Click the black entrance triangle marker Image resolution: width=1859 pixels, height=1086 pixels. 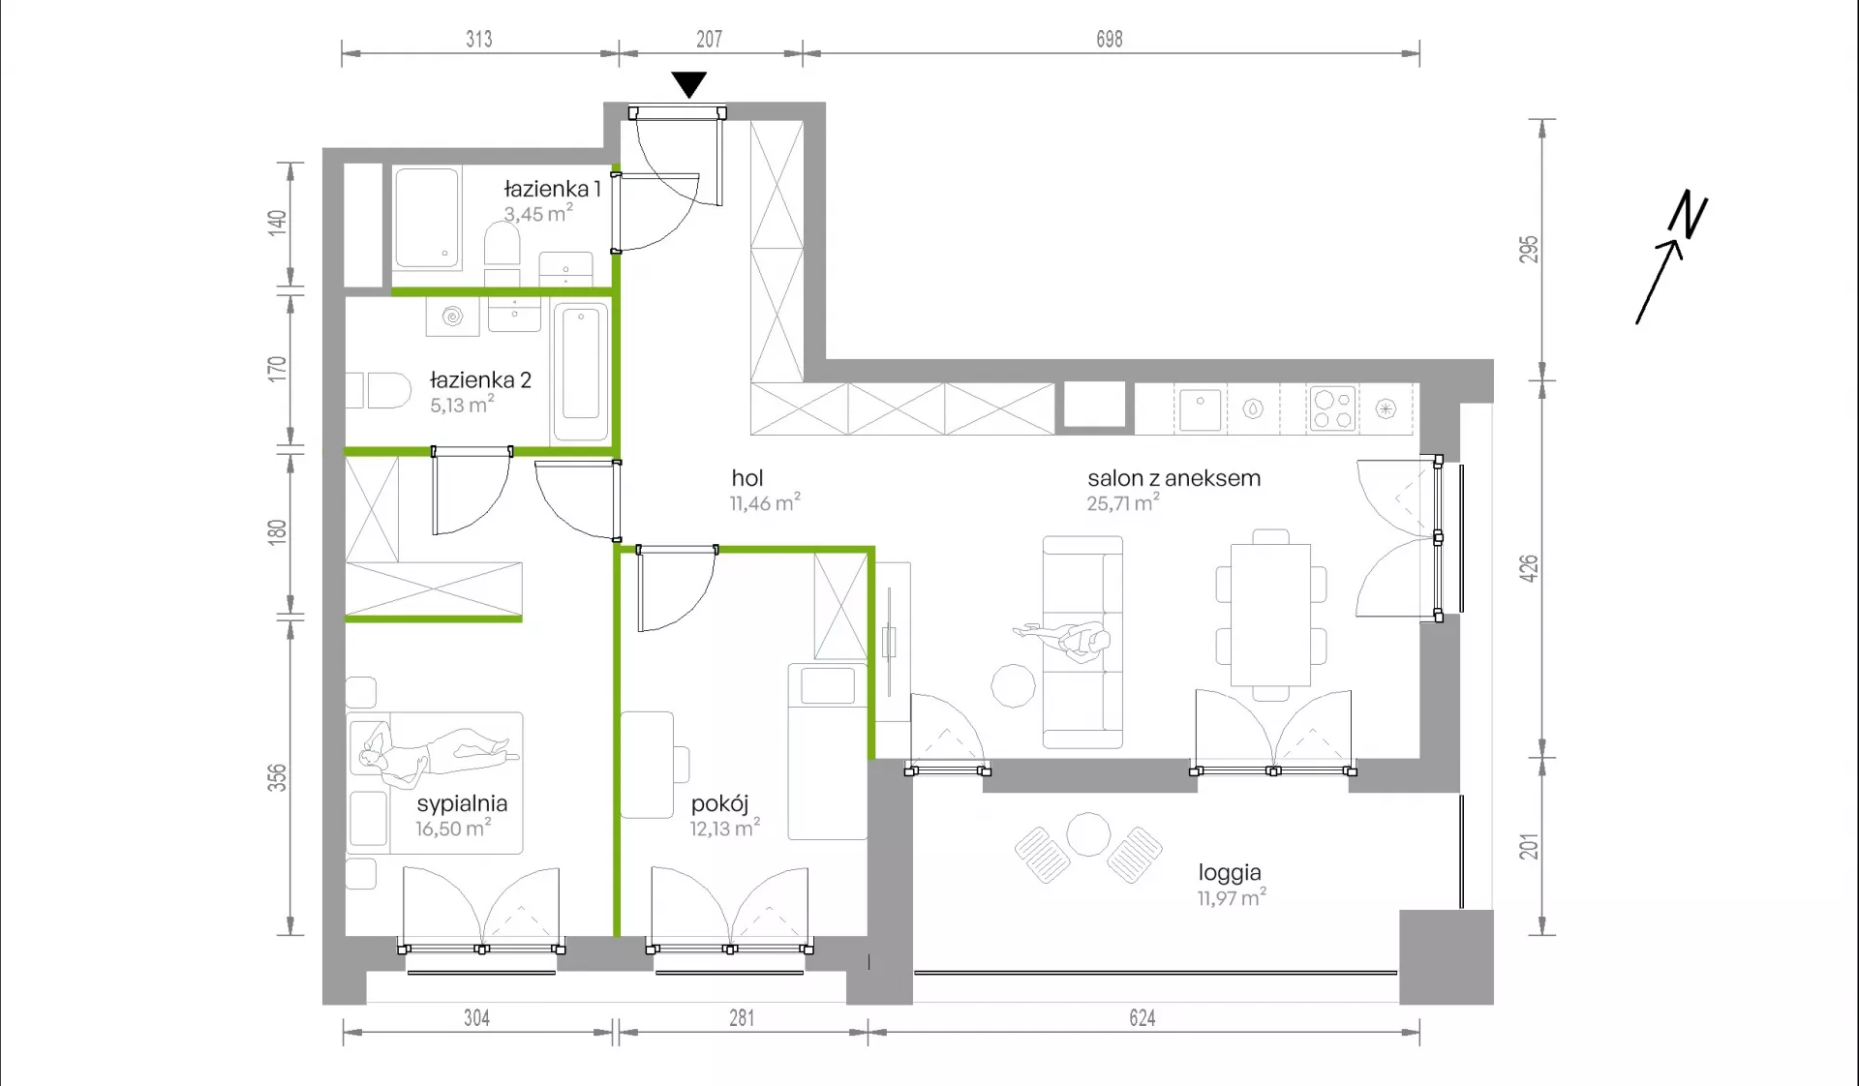[x=688, y=84]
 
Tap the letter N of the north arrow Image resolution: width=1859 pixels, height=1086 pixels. [x=1688, y=214]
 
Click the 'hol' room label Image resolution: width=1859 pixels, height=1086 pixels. [x=747, y=478]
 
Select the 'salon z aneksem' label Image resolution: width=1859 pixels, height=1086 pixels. [x=1173, y=478]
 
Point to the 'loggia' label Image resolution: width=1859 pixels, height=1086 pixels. [x=1230, y=873]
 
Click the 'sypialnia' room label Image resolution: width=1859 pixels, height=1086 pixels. [x=462, y=803]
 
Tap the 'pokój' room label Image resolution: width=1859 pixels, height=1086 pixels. [x=719, y=803]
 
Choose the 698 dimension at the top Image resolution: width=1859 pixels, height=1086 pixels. [x=1110, y=39]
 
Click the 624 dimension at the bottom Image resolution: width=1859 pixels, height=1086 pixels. [x=1143, y=1017]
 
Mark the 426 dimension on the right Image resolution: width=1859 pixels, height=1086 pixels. [x=1529, y=568]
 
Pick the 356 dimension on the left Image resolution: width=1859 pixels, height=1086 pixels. [x=278, y=777]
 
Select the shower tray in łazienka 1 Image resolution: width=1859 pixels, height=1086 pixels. [x=426, y=218]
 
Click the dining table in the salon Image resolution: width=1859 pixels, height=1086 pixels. [x=1270, y=615]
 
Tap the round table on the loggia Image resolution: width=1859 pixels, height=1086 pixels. [x=1088, y=834]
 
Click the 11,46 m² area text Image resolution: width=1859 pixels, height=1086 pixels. [x=765, y=503]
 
